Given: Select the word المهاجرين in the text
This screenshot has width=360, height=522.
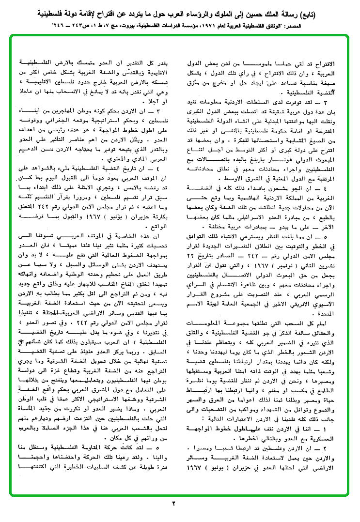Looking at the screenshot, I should pyautogui.click(x=88, y=108).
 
